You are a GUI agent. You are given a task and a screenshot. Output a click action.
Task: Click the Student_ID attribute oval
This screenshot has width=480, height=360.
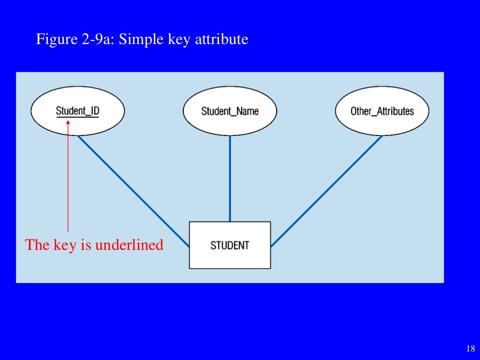77,111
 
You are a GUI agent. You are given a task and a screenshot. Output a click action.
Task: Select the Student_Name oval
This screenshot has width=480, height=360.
230,111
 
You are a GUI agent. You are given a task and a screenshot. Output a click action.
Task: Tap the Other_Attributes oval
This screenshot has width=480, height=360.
382,111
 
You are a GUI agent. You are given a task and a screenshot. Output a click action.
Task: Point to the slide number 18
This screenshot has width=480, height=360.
471,348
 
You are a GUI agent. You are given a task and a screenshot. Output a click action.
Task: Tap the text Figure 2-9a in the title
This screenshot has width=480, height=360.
75,39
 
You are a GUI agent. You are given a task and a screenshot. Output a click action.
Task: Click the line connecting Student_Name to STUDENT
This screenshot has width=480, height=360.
230,178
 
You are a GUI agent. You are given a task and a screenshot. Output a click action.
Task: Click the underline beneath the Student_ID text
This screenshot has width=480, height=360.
77,117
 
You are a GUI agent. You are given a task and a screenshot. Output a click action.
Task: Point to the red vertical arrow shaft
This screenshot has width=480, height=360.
68,178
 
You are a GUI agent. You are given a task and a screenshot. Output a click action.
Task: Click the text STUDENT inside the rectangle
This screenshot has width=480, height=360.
230,245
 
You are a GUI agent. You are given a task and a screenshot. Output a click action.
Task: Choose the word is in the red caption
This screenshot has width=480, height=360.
86,245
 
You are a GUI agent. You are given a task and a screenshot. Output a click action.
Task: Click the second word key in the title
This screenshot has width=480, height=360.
179,39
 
